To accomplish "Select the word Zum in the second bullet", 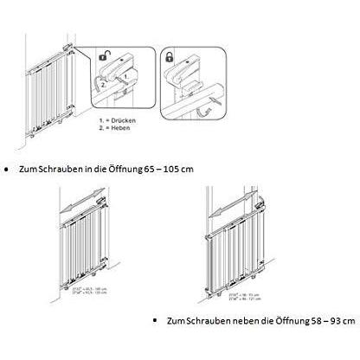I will (x=174, y=320).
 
